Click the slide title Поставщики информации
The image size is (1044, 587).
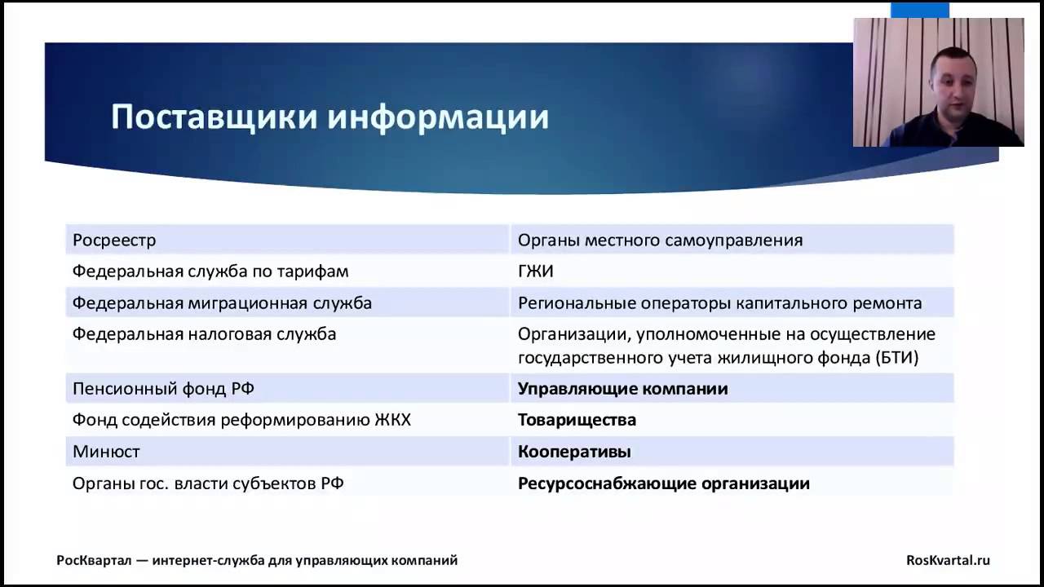coord(330,117)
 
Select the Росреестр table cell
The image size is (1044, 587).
coord(114,241)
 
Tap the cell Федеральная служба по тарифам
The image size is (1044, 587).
coord(210,271)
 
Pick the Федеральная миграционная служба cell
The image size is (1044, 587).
coord(222,303)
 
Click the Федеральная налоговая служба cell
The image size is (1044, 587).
coord(204,334)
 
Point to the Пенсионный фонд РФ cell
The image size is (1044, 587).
coord(163,389)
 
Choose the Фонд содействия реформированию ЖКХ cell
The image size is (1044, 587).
coord(241,421)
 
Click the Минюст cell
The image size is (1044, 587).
coord(106,452)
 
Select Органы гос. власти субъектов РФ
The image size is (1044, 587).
coord(208,483)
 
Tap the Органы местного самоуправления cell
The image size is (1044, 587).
coord(660,241)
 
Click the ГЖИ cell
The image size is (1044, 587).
coord(536,271)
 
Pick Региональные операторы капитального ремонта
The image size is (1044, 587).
coord(719,303)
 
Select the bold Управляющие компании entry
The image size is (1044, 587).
coord(622,389)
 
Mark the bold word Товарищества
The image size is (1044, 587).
coord(577,421)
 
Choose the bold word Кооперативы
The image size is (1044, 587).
coord(574,452)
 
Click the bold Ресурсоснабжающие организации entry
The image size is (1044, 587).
coord(663,483)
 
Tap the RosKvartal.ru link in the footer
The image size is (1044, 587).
coord(948,560)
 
